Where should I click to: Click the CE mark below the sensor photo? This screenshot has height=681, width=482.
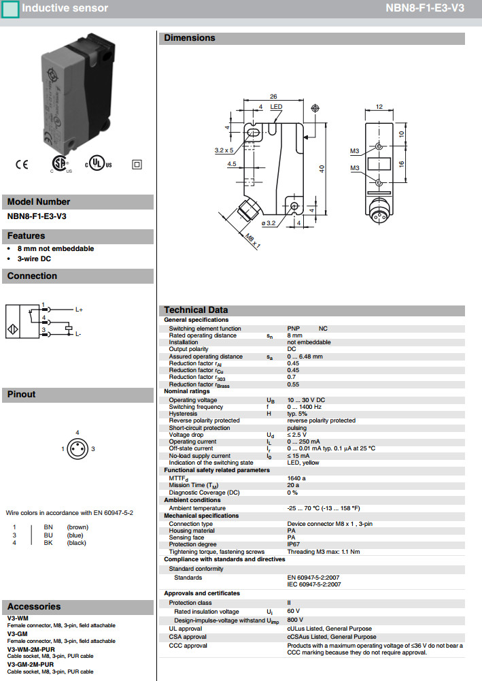pos(22,164)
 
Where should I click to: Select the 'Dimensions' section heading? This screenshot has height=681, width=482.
pos(190,38)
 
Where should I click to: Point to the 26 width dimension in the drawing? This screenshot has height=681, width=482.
pos(273,96)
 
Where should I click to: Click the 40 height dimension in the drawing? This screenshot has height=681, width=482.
pos(322,168)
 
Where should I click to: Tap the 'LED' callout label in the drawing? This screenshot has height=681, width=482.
pos(276,107)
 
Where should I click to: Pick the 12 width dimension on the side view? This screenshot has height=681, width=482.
pos(379,107)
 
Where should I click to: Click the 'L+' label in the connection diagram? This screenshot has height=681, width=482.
pos(79,310)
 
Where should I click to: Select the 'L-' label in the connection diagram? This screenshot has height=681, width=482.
pos(79,334)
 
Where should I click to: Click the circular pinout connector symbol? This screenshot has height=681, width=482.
pos(77,449)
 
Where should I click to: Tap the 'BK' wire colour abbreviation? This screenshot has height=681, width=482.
pos(48,543)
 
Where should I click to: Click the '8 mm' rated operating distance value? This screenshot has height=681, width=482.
pos(295,335)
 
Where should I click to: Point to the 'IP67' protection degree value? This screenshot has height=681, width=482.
pos(294,545)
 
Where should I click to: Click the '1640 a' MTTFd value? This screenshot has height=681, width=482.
pos(296,478)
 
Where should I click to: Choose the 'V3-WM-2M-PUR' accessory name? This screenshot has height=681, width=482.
pos(31,650)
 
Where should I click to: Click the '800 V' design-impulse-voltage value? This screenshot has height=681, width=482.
pos(296,620)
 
